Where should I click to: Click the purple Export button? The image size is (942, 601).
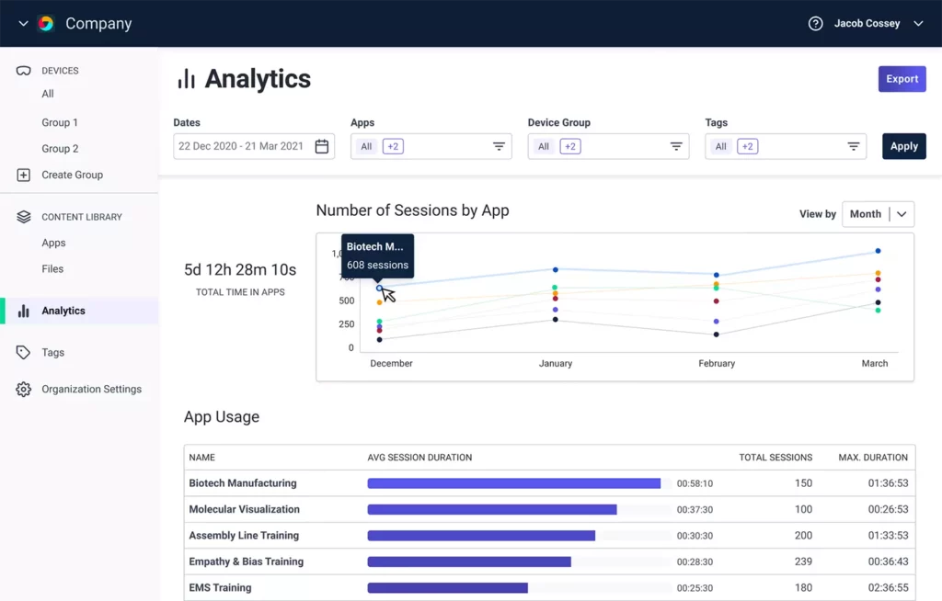coord(902,79)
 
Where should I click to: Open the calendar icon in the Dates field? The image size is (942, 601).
coord(322,146)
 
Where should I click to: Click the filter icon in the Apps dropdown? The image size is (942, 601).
coord(499,146)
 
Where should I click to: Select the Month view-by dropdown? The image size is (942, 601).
coord(878,214)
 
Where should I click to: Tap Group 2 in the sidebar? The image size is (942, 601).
coord(60,149)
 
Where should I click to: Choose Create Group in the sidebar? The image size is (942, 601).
coord(72,175)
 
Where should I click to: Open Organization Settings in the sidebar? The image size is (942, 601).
coord(91,390)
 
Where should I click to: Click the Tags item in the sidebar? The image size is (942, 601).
coord(52,353)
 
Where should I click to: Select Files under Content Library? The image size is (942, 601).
coord(52,269)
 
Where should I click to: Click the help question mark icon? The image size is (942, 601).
coord(815,24)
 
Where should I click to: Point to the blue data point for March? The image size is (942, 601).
coord(878,251)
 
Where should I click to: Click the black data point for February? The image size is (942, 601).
coord(717,335)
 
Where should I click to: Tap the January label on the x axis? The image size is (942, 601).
coord(556,364)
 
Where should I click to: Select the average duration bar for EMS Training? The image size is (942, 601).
coord(447,588)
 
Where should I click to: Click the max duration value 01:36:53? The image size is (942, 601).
coord(887,483)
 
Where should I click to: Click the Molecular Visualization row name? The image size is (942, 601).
coord(244,509)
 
